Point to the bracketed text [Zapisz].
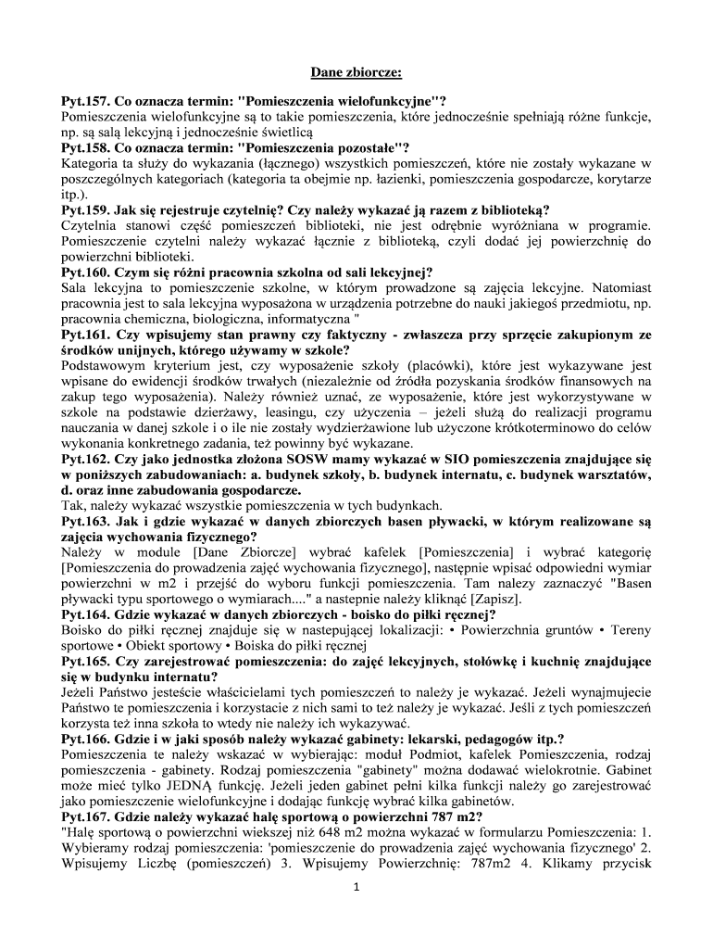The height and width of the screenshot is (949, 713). pyautogui.click(x=467, y=599)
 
